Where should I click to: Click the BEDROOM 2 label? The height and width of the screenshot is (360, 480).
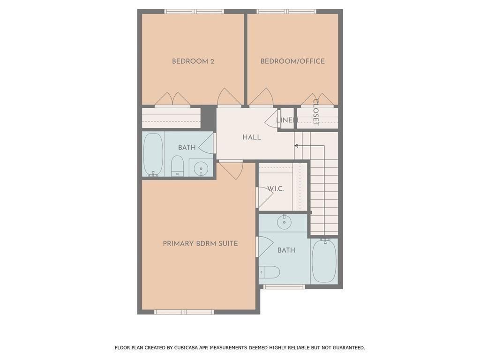pos(193,61)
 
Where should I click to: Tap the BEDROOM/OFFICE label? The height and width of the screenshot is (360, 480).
pos(292,61)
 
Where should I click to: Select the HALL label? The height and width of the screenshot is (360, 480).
pos(252,137)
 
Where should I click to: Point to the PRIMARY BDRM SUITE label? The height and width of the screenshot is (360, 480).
pos(200,243)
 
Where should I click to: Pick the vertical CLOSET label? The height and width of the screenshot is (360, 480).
pos(315,112)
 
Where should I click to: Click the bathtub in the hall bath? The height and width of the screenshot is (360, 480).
pos(153,154)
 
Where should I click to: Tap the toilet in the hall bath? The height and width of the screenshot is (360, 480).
pos(177,166)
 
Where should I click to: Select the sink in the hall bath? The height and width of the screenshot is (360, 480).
pos(201,167)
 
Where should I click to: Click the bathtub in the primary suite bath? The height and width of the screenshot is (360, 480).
pos(324,261)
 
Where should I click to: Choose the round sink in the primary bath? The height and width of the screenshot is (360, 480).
pos(285,223)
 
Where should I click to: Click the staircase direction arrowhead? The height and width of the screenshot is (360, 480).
pos(297,145)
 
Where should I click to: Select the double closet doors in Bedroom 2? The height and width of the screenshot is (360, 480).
pos(172,99)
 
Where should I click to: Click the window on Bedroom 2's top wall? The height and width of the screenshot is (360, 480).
pos(194,11)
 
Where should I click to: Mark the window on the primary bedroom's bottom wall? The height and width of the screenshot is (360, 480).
pos(184,312)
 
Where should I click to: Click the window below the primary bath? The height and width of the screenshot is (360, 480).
pos(284,286)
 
